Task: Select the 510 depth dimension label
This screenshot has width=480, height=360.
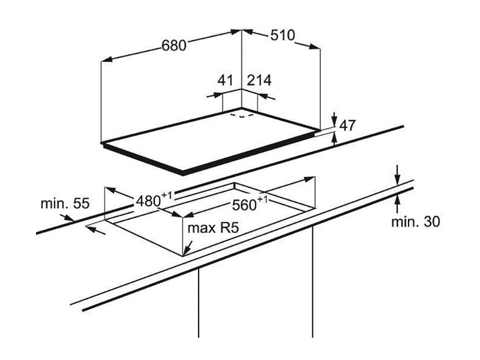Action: (282, 35)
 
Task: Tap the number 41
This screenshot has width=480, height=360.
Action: (225, 80)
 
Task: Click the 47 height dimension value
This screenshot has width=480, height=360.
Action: (349, 126)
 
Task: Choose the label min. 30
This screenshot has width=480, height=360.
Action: (416, 221)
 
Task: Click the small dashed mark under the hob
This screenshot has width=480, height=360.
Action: (243, 115)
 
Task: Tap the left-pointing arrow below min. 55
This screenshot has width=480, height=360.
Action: (91, 227)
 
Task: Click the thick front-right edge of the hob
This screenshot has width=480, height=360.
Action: (252, 154)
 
